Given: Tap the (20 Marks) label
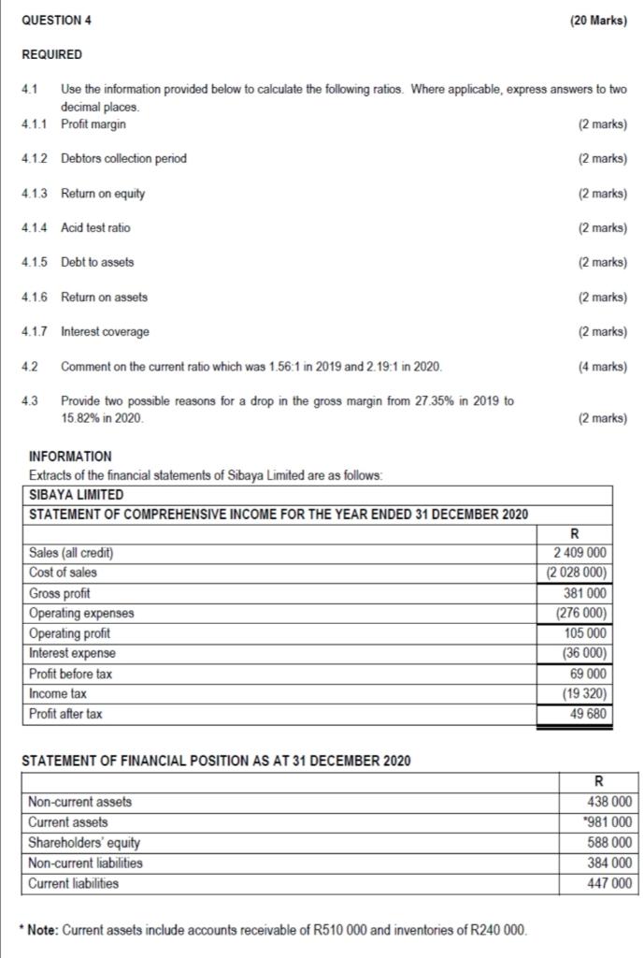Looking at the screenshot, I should [599, 21].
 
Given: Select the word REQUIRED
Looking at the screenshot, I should [51, 55].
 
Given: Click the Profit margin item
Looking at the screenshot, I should [93, 123].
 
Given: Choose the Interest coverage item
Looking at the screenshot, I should [105, 331].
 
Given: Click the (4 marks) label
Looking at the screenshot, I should [603, 366].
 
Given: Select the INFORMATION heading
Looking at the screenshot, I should [70, 457].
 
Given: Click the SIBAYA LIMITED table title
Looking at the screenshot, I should [77, 494].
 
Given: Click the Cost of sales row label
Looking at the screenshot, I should [63, 573].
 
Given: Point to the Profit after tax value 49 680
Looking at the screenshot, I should [589, 715].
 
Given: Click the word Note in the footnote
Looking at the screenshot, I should [44, 930].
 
